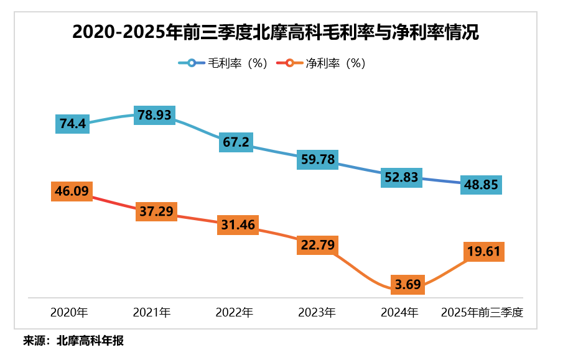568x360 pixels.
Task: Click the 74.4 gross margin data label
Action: pos(73,124)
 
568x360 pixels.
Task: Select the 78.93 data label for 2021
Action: pos(155,116)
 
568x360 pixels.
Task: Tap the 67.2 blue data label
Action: pos(236,142)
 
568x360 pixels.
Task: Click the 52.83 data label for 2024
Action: pos(401,177)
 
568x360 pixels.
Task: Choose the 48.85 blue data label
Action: pos(482,185)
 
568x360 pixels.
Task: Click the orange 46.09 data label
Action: pos(72,192)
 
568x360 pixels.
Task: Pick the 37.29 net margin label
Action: pos(156,211)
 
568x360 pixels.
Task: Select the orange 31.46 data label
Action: pos(237,225)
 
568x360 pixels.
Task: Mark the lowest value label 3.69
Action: pos(408,285)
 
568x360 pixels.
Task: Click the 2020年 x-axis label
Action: pos(69,313)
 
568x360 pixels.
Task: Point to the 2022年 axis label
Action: pos(234,313)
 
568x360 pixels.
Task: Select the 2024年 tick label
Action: pos(399,313)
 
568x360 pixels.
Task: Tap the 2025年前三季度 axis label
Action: pos(482,313)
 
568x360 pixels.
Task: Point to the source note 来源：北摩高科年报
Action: pos(73,341)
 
